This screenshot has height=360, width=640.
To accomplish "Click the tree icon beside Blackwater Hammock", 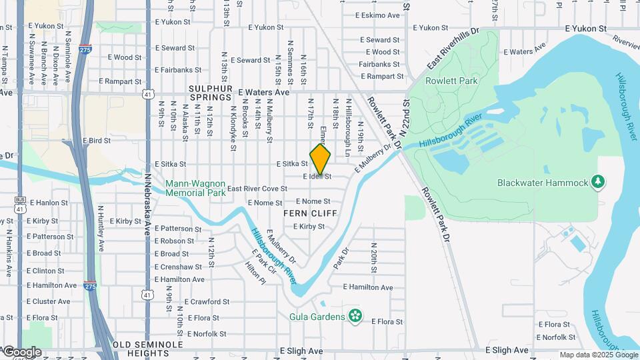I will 598,181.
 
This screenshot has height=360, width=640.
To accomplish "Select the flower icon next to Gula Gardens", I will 355,316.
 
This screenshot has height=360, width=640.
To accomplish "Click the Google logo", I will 22,352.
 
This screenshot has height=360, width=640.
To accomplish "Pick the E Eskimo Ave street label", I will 377,15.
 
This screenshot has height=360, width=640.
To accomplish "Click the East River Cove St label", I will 257,189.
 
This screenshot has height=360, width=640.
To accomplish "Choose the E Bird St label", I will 96,141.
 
